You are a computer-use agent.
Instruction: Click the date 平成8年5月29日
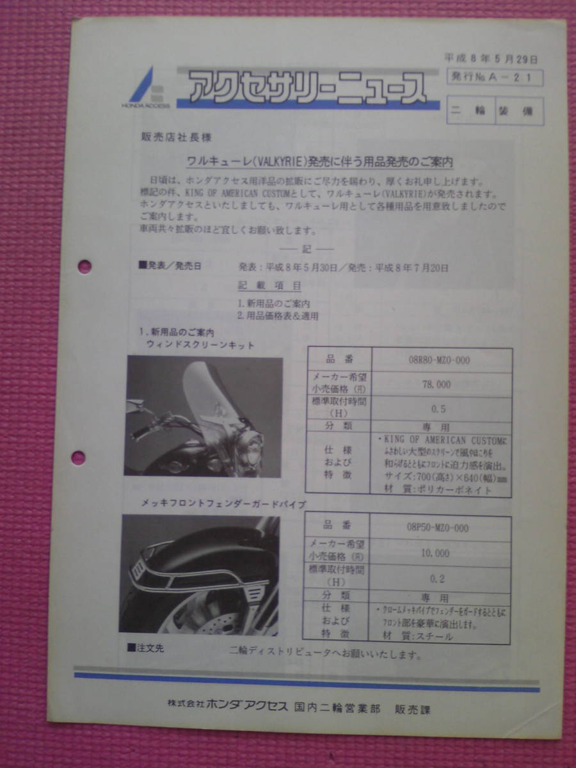click(491, 60)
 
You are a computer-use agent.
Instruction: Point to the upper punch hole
click(84, 266)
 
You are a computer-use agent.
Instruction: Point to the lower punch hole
click(78, 457)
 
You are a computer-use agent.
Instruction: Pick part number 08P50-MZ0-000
click(441, 528)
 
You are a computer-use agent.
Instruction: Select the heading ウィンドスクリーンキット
click(201, 346)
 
